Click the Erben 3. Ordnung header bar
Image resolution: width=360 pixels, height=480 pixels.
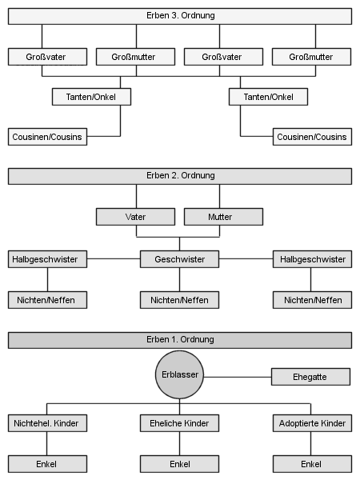[x=180, y=16]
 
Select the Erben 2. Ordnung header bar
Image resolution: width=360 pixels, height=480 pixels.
[x=180, y=176]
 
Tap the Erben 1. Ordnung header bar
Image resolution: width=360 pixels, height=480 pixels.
[x=180, y=340]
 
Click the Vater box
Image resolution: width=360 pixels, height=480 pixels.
[x=136, y=217]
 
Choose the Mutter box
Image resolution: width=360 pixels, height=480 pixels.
[x=223, y=217]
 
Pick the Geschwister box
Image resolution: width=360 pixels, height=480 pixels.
[x=180, y=259]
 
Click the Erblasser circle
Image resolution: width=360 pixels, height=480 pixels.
[x=180, y=374]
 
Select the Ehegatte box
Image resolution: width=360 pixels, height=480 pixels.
[x=310, y=377]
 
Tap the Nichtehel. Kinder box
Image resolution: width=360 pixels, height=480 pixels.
[x=47, y=423]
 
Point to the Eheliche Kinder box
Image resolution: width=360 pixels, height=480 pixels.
[x=180, y=423]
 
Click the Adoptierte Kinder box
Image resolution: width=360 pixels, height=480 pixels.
[x=312, y=423]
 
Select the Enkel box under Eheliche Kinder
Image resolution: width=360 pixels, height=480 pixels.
[x=180, y=464]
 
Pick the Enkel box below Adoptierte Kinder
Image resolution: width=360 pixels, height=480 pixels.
[x=312, y=464]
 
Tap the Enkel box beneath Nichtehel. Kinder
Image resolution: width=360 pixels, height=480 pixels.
[x=47, y=464]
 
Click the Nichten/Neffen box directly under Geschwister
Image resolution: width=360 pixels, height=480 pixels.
[x=180, y=300]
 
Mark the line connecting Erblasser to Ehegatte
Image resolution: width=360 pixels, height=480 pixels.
[x=238, y=377]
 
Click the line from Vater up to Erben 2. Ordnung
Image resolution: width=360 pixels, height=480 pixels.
[x=136, y=197]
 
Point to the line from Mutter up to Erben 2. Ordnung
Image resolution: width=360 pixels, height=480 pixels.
[x=219, y=197]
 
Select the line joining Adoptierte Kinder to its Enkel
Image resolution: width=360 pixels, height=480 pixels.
[x=310, y=443]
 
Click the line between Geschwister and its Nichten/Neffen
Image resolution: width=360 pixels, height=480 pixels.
[x=180, y=279]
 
